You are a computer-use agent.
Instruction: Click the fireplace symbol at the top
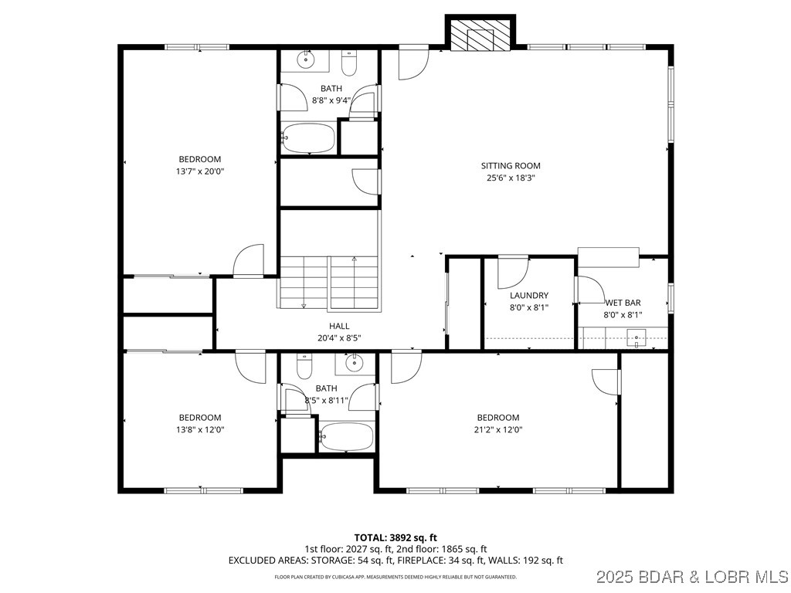tap(480, 35)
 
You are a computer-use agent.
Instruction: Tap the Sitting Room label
tap(511, 166)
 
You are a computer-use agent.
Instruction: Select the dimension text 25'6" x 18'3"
tap(511, 178)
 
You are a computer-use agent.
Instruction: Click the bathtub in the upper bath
tap(308, 139)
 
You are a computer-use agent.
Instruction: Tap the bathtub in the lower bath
tap(346, 437)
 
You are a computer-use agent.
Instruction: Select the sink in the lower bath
tap(353, 363)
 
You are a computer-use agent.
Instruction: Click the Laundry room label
tap(529, 296)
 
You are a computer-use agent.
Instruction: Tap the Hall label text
tap(338, 327)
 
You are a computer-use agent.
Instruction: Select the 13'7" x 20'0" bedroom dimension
tap(199, 171)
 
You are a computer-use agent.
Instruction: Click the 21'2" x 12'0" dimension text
tap(497, 430)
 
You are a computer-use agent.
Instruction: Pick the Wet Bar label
tap(623, 303)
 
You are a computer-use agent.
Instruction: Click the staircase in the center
tap(330, 282)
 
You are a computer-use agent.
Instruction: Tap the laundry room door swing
tap(511, 272)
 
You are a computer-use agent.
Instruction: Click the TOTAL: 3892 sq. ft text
tap(395, 537)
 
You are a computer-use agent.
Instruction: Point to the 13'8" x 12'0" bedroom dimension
tap(199, 430)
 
